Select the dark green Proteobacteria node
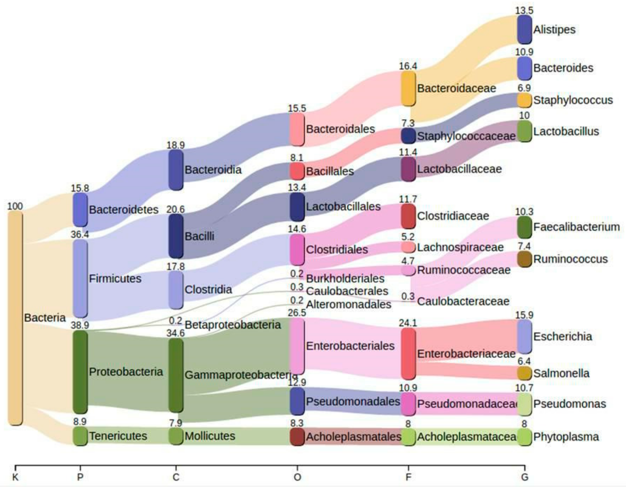[80, 371]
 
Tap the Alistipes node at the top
[524, 29]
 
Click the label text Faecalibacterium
[576, 227]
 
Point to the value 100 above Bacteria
[15, 206]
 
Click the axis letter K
[15, 477]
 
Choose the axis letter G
[525, 477]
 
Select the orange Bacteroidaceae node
[408, 88]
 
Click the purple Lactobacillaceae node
[408, 169]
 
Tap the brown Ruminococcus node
[524, 259]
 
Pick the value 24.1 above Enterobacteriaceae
[408, 323]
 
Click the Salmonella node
[524, 373]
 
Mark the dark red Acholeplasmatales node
[297, 436]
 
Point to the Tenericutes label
[118, 436]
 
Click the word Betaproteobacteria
[233, 325]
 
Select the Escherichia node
[524, 336]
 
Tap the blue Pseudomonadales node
[297, 401]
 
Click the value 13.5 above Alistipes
[524, 11]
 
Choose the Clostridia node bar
[176, 290]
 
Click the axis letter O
[297, 477]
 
